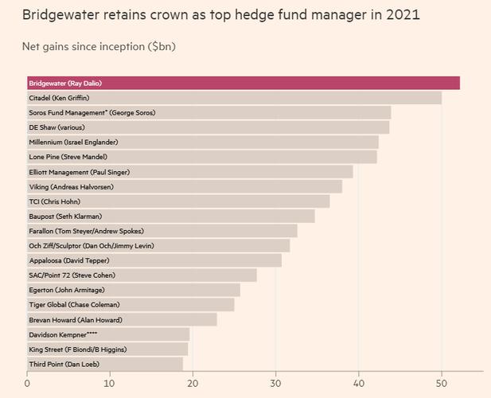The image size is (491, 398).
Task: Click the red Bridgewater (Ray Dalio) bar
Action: [x=244, y=83]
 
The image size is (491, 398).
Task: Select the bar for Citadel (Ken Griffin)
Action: [x=235, y=98]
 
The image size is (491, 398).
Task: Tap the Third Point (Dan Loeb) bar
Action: [x=105, y=364]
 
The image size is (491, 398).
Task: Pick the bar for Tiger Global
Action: [x=131, y=304]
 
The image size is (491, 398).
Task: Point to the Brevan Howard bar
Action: [x=122, y=319]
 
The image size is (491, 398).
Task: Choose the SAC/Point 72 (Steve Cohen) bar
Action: [x=142, y=275]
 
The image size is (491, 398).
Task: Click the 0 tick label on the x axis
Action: [x=27, y=384]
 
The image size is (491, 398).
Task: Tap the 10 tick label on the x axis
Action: [x=110, y=384]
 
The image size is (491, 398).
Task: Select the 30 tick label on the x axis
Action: [x=275, y=384]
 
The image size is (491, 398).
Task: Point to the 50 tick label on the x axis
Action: [x=442, y=384]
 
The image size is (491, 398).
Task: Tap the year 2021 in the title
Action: [x=403, y=14]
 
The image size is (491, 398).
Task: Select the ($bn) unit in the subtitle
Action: [x=162, y=47]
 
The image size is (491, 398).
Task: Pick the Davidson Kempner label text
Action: [x=63, y=335]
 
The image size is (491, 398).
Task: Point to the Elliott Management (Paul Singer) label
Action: [x=80, y=172]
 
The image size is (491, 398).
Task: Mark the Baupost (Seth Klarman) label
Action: [x=65, y=217]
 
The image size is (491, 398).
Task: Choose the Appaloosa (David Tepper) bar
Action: [x=154, y=260]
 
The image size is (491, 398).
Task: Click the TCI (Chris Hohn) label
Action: [x=54, y=201]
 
